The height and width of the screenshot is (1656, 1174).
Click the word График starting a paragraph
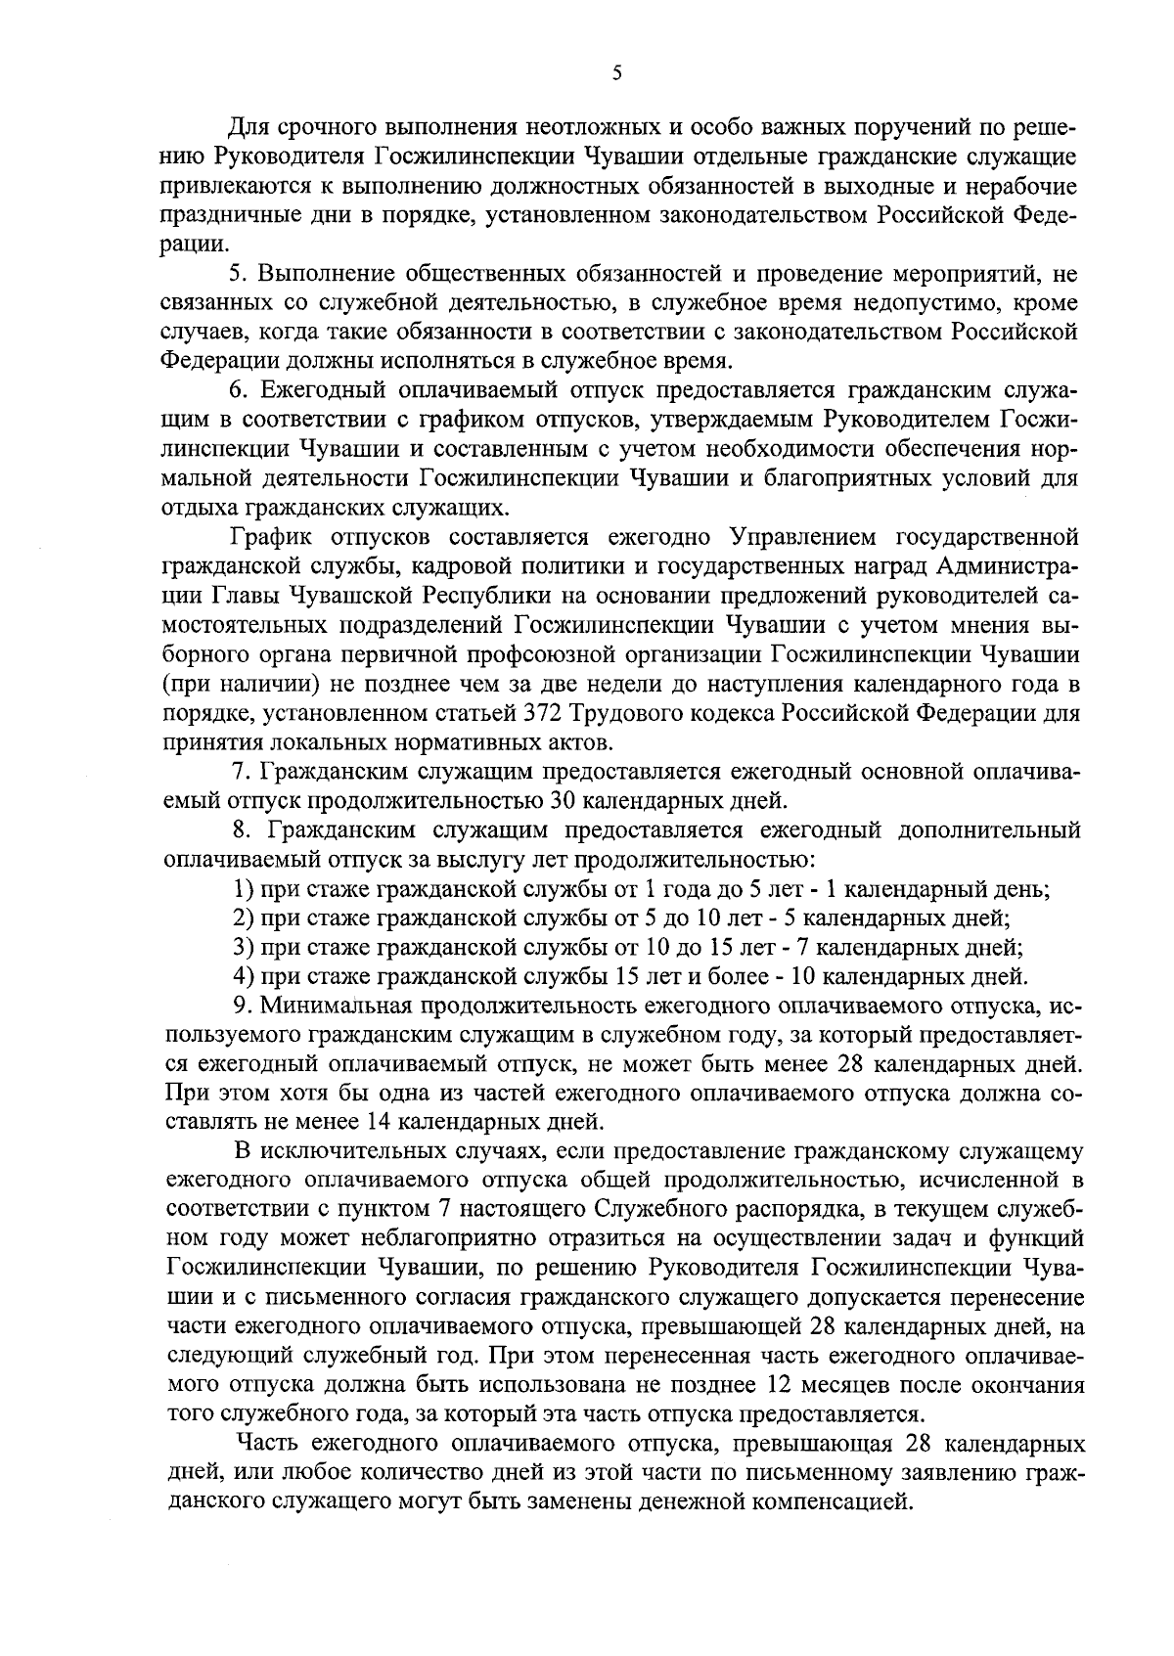(x=268, y=537)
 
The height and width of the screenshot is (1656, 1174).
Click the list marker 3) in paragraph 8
(x=245, y=947)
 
